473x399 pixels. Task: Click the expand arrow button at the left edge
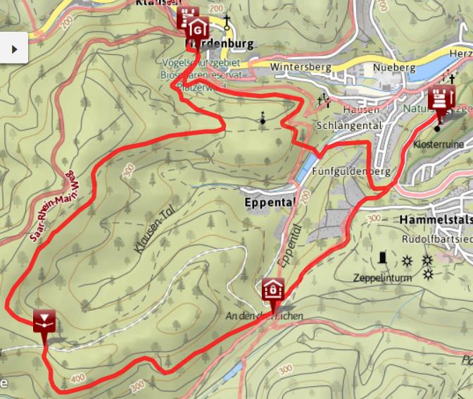[x=13, y=48]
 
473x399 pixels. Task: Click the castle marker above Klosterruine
[x=442, y=100]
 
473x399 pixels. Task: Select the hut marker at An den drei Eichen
[x=272, y=290]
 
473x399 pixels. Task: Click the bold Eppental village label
[x=267, y=201]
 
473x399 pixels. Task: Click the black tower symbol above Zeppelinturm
[x=383, y=259]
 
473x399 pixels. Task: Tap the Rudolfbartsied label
[x=436, y=239]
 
